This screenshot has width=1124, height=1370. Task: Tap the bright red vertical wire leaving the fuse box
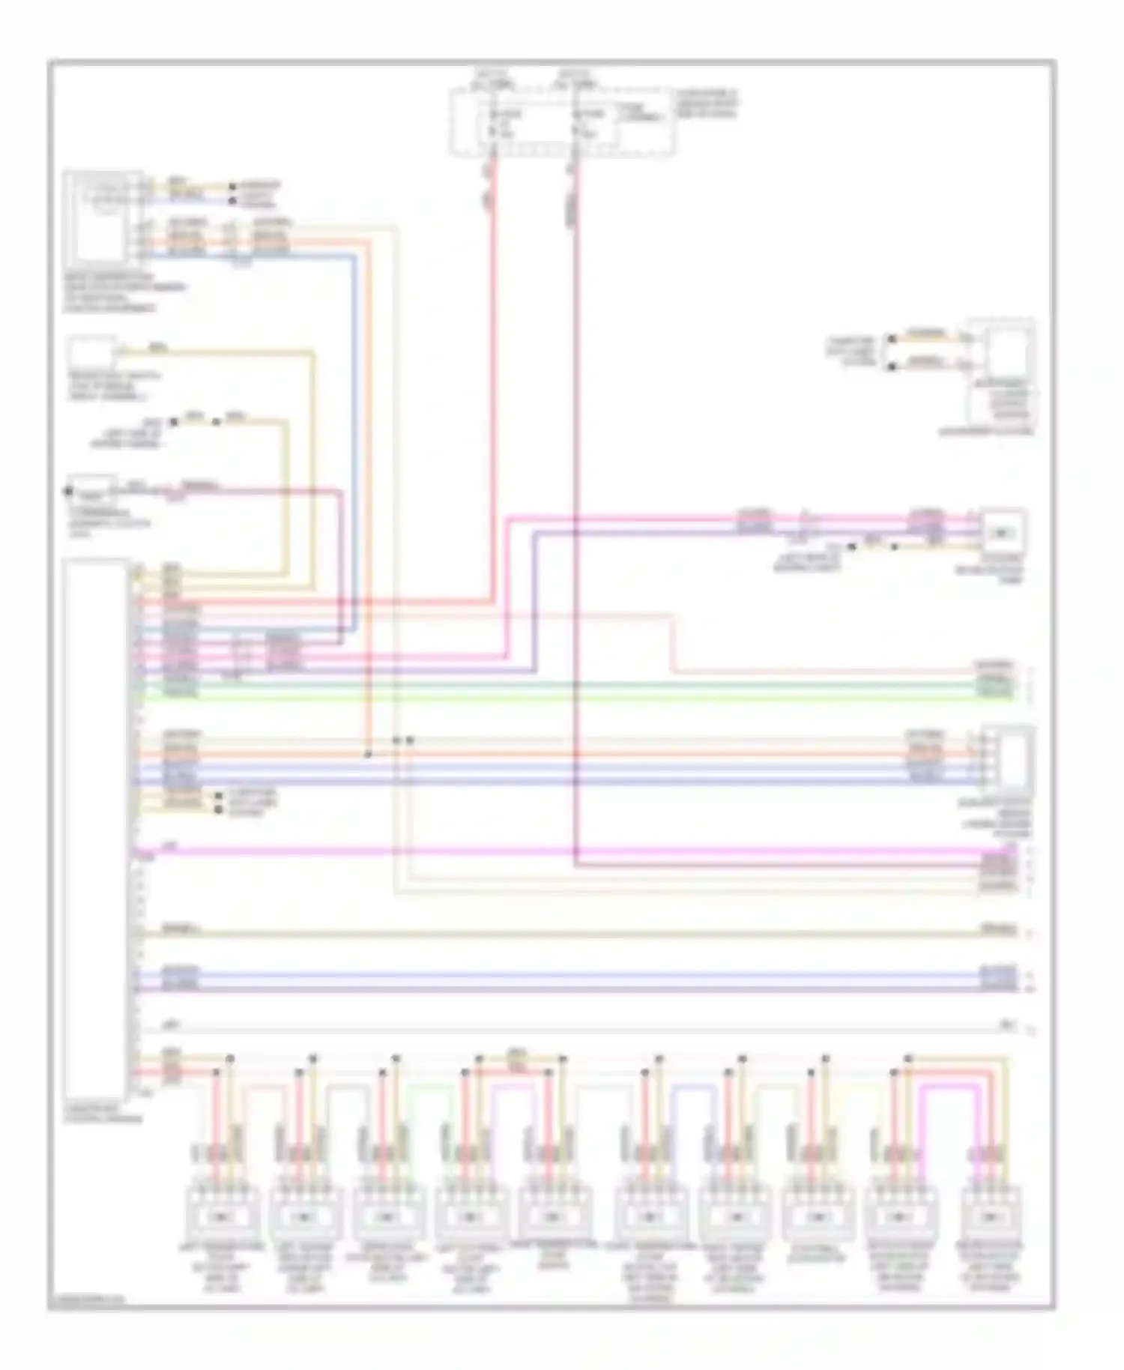coord(494,375)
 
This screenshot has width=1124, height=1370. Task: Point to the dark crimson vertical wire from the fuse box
coord(575,525)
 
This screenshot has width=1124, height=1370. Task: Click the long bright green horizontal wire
coord(569,698)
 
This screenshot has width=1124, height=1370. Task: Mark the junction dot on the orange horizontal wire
coord(367,754)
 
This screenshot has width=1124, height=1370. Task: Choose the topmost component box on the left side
coord(103,215)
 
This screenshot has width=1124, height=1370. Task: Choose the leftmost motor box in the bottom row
coord(222,1215)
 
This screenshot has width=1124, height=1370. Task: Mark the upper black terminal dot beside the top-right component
coord(891,339)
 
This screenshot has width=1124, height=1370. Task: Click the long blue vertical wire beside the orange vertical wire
coord(353,450)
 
